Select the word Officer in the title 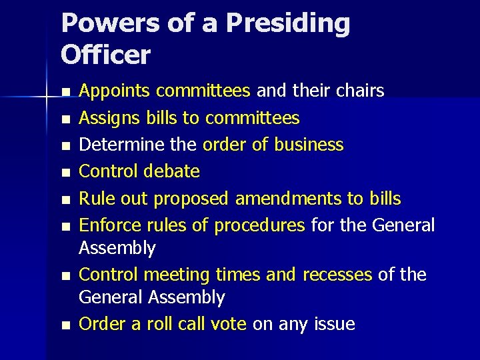click(x=106, y=55)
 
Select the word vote click(x=227, y=325)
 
